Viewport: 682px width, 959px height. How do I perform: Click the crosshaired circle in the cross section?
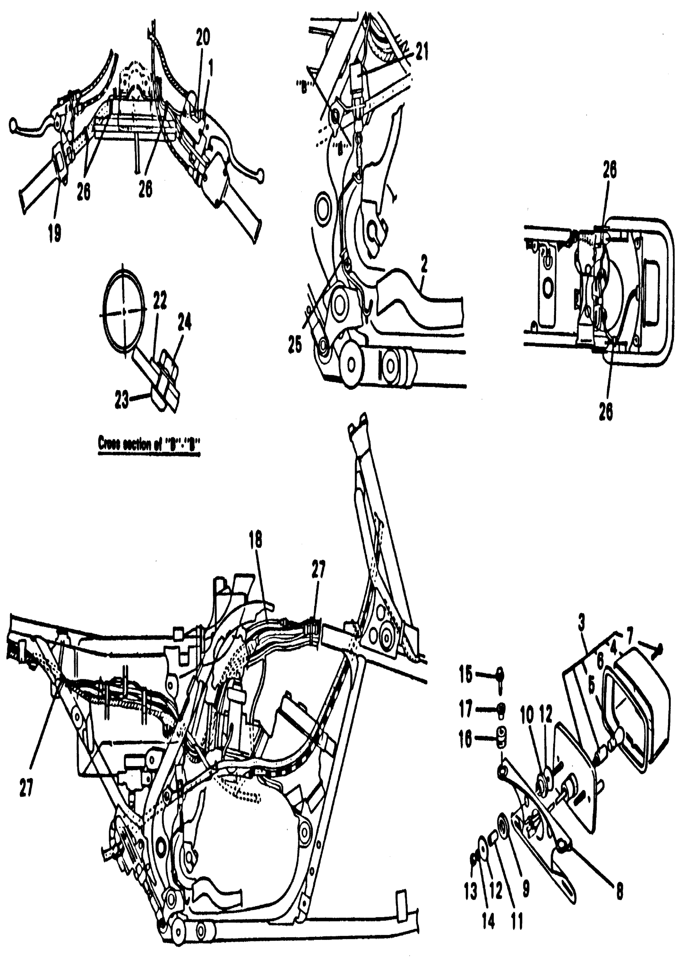point(125,312)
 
